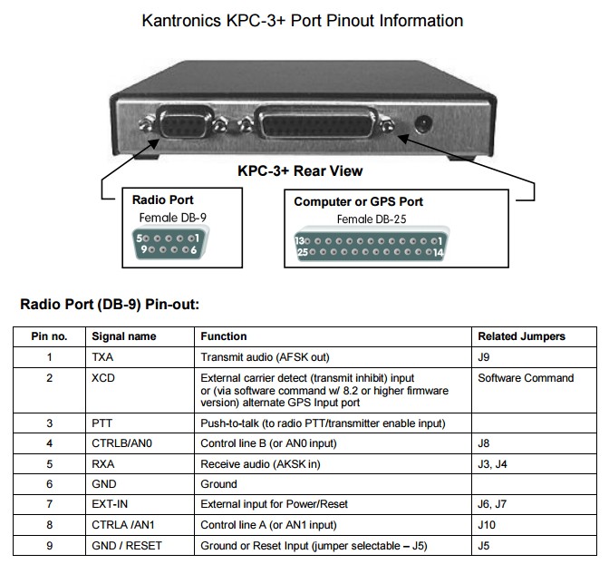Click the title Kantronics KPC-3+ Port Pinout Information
(x=303, y=20)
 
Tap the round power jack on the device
(x=421, y=124)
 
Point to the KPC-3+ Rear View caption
(x=300, y=170)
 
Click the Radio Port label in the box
(x=162, y=200)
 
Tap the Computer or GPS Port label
(x=358, y=201)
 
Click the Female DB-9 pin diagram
(x=168, y=244)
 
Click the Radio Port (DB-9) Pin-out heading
(x=110, y=304)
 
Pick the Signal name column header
(x=124, y=336)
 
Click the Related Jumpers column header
(x=521, y=336)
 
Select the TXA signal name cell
(x=102, y=356)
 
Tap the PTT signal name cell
(x=102, y=423)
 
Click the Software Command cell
(x=526, y=377)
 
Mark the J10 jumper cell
(x=487, y=525)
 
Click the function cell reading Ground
(x=218, y=484)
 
